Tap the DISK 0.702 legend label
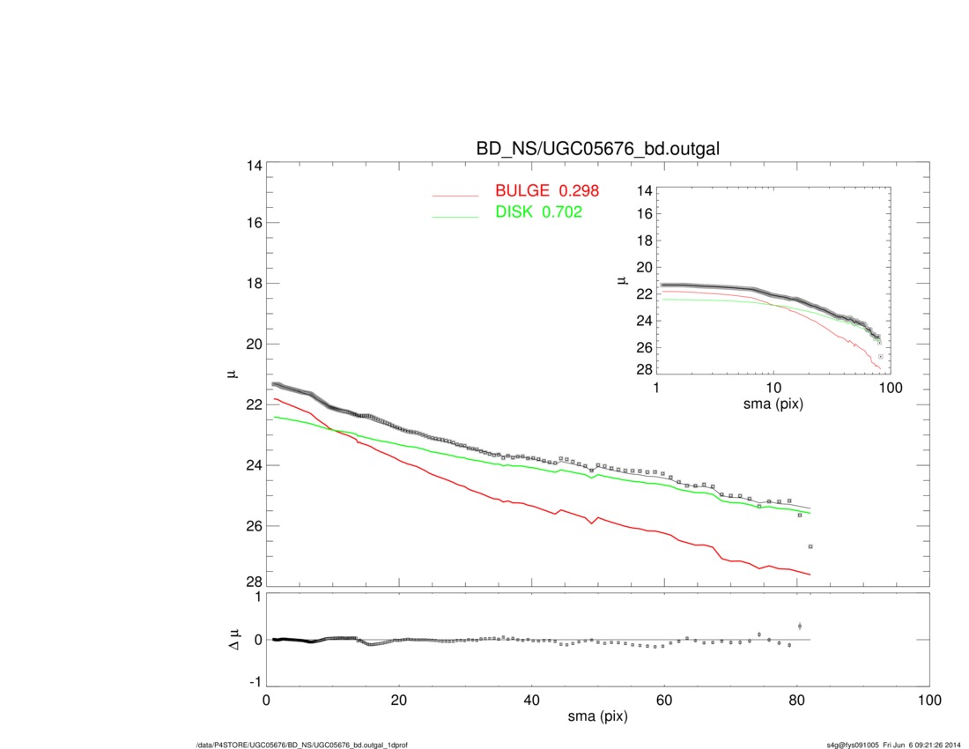coord(539,212)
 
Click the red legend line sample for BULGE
coord(455,196)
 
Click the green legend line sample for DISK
coord(455,217)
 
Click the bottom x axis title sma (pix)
coord(597,717)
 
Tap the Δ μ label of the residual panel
coord(233,641)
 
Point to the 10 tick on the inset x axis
coord(773,389)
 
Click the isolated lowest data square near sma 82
coord(810,547)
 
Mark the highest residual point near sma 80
coord(800,626)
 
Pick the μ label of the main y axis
coord(233,374)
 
